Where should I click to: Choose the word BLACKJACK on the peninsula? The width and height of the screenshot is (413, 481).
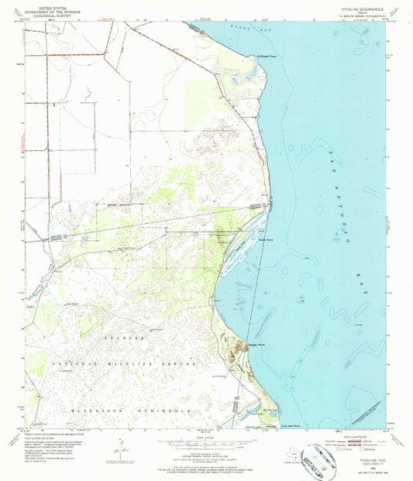click(x=81, y=407)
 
